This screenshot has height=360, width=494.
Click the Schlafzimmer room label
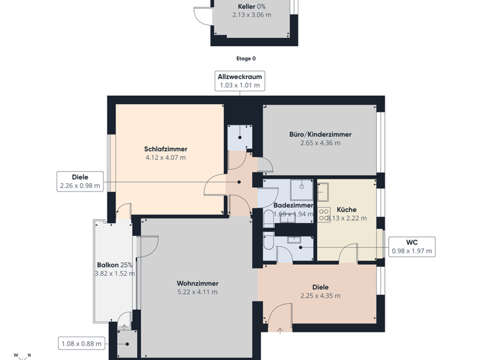[165, 149]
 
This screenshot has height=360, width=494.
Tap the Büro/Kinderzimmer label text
[320, 134]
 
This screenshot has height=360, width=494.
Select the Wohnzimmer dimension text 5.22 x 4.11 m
[197, 292]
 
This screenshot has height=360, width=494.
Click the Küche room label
[346, 210]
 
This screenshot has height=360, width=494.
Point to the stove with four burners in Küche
[324, 215]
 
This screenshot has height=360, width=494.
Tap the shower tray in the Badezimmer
[301, 189]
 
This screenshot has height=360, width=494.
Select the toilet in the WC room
[268, 243]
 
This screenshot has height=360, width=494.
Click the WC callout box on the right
[412, 247]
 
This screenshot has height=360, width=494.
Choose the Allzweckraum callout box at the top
[240, 81]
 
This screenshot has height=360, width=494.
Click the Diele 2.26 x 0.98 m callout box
[80, 181]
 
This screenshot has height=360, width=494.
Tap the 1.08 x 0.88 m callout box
[80, 344]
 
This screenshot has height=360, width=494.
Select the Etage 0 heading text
[246, 59]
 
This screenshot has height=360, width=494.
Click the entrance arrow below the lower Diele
[280, 331]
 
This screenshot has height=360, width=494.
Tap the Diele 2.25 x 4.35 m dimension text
[320, 296]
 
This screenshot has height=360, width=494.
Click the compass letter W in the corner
[16, 355]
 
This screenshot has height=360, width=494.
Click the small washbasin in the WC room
[294, 240]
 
